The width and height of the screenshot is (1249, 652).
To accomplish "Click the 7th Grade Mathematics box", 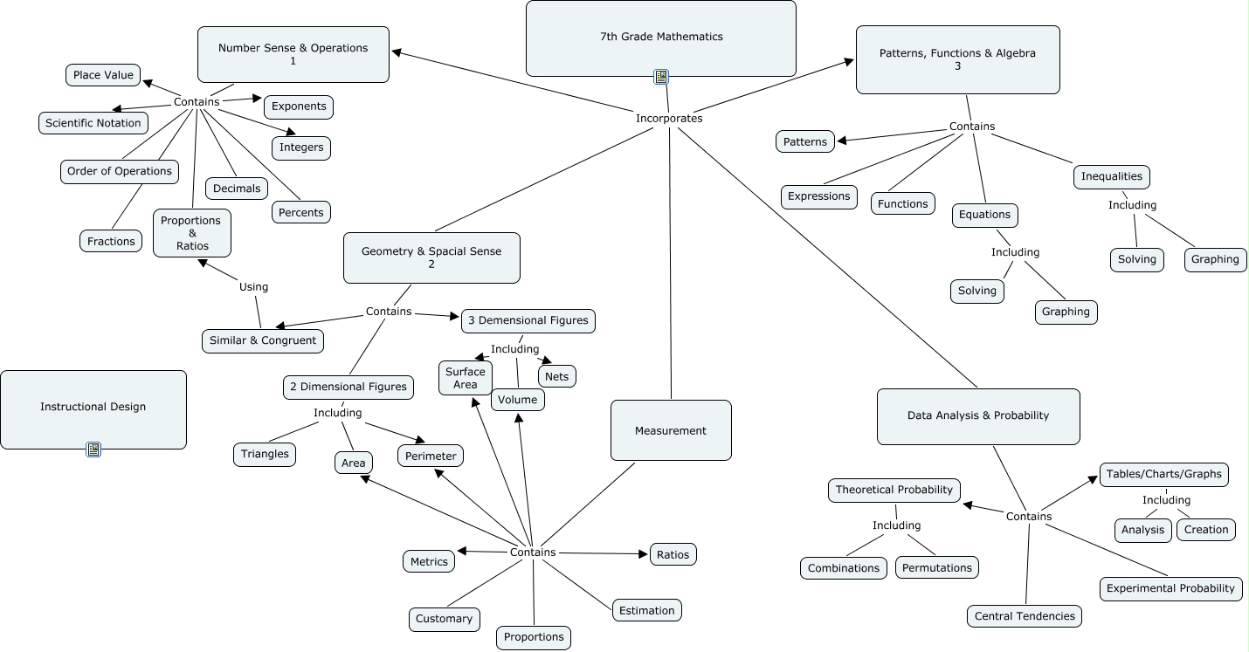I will point(661,38).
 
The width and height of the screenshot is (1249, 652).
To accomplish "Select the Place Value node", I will point(103,75).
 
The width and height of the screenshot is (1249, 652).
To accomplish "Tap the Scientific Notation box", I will point(93,123).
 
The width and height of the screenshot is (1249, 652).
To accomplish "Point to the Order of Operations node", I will point(120,171).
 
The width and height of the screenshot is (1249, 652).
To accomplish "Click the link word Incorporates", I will point(668,118).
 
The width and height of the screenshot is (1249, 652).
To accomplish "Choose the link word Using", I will point(253,286).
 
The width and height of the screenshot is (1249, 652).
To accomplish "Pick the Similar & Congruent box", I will point(263,340).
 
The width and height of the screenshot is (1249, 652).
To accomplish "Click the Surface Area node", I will point(466,378).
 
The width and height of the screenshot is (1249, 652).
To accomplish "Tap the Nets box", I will point(556,377).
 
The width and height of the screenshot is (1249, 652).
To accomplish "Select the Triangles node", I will point(265,454).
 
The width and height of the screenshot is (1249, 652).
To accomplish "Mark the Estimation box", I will point(646,610).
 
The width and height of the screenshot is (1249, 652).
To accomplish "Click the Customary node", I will point(444,619).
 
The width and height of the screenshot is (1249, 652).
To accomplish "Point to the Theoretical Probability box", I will point(894,490).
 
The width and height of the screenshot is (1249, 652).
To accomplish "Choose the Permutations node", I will point(937,567).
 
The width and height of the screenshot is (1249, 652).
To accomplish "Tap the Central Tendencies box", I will point(1025,616).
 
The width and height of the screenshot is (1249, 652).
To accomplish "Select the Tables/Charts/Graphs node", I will point(1163,474).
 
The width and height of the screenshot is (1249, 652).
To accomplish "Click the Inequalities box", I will point(1111,176).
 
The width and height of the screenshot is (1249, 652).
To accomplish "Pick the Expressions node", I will point(818,196).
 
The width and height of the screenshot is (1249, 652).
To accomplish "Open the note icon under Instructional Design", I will point(93,450).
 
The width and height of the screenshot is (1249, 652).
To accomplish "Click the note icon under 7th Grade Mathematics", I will point(661,77).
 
